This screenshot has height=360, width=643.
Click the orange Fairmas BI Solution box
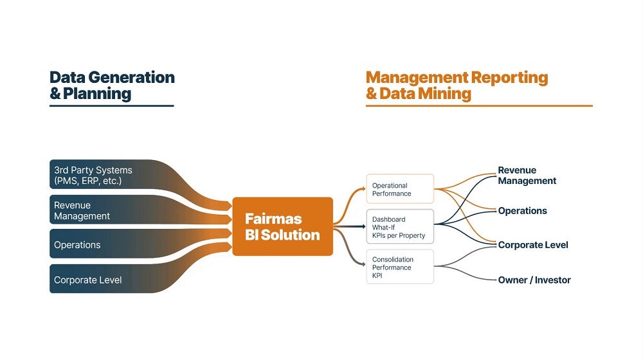(282, 226)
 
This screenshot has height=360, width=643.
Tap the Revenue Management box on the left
(102, 210)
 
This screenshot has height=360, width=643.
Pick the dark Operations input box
(102, 244)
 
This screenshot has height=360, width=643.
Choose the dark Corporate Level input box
(102, 279)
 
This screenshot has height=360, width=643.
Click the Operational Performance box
(400, 188)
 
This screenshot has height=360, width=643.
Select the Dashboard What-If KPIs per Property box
(400, 227)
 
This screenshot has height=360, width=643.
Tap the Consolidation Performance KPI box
(400, 267)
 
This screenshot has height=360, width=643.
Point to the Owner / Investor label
(534, 280)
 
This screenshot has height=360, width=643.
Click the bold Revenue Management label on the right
(527, 175)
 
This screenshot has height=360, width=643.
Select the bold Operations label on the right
(522, 211)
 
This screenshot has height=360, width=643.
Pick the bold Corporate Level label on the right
(533, 245)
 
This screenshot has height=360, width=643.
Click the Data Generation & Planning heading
(112, 85)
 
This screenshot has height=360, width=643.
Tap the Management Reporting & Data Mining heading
(457, 85)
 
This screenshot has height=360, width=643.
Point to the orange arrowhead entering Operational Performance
(363, 189)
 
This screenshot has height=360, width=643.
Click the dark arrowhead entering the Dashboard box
(363, 226)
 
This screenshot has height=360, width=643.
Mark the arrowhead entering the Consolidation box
(363, 264)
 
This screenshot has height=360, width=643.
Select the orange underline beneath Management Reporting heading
(479, 106)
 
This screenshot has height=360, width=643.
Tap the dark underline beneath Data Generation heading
(111, 106)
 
